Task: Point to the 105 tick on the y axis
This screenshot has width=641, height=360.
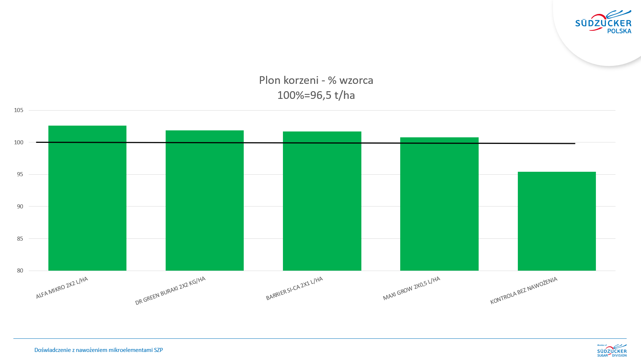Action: coord(19,110)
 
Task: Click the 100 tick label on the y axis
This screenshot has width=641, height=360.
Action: coord(19,142)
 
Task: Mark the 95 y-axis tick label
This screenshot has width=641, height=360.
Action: coord(20,174)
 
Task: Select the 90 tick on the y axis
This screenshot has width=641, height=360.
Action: coord(20,207)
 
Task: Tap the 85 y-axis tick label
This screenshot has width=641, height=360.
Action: coord(20,239)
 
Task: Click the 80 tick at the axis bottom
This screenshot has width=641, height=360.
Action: coord(20,271)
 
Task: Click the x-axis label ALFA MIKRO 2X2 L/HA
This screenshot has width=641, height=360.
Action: coord(62,288)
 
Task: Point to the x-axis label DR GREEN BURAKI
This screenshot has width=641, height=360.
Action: coord(170,291)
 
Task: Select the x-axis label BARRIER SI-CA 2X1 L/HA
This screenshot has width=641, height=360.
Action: coord(294,289)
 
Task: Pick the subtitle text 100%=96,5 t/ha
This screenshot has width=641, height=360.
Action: coord(316,95)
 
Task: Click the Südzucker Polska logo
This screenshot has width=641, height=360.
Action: coord(604,23)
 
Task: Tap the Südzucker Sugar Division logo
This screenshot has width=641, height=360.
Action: coord(612,350)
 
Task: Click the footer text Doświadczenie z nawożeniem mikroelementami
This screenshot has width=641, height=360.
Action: coord(98,350)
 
